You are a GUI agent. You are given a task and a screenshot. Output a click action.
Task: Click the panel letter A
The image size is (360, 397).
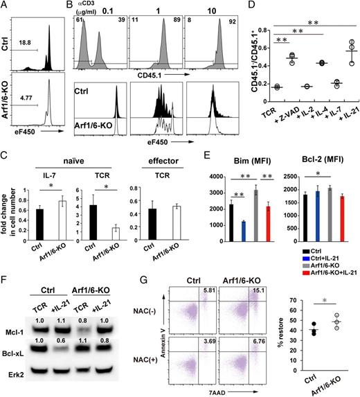[x=6, y=6]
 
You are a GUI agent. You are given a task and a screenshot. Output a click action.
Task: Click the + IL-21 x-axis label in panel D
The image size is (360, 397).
[x=337, y=126]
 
